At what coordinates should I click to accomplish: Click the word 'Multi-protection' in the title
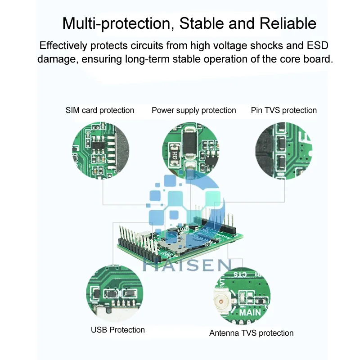click(117, 23)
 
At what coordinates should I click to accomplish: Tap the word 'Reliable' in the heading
click(288, 23)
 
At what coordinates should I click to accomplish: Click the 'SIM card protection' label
click(100, 110)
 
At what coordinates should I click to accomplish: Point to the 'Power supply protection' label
click(193, 110)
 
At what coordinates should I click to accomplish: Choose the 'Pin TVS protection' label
click(283, 110)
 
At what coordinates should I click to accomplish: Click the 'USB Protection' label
click(118, 330)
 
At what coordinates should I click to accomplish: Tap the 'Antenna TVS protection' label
click(251, 333)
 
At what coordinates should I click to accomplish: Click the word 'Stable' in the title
click(201, 23)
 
